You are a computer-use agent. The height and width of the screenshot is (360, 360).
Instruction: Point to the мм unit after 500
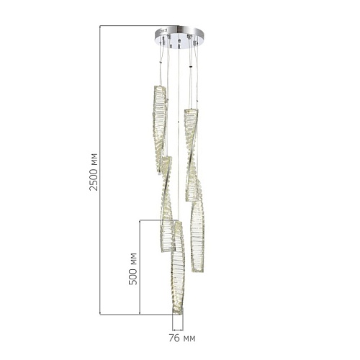tap(134, 258)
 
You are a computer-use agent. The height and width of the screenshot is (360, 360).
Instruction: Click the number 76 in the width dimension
tap(174, 338)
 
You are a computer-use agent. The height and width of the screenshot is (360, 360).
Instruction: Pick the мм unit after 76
tap(189, 338)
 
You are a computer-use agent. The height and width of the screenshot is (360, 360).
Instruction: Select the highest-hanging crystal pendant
tap(160, 130)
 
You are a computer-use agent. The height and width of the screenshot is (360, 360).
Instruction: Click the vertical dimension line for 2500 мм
tap(100, 170)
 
